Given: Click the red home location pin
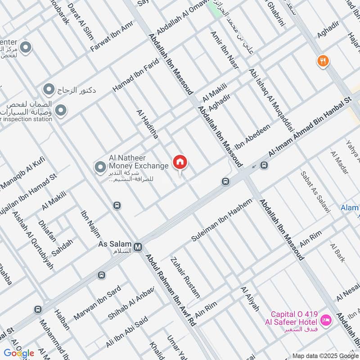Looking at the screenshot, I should (x=180, y=163).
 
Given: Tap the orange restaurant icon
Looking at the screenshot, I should (x=322, y=60).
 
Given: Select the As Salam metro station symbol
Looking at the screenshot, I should (x=139, y=247).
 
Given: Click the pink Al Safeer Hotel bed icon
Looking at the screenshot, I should (x=325, y=321).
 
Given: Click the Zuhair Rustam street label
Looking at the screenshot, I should (x=185, y=277).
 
